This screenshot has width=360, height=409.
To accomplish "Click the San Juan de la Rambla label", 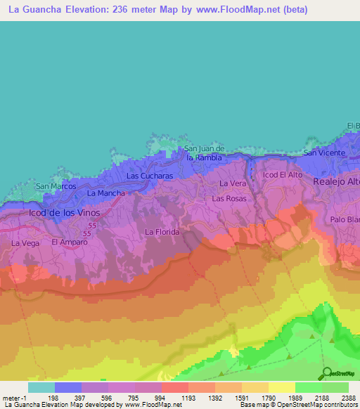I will point(203,153).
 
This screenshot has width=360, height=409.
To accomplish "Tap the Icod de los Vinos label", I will point(65,212).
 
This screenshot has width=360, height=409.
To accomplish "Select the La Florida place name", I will point(162,231).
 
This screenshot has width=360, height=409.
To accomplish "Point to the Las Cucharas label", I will point(149,176).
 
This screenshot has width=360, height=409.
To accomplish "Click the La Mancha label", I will point(106,193).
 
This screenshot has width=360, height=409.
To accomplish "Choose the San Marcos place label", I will point(56,186).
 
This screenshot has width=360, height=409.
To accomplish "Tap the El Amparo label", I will point(69,242).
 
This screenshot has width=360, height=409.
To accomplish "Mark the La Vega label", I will point(25,243).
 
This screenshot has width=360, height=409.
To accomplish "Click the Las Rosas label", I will point(229,199).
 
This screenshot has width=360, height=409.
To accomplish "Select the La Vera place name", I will point(233,183).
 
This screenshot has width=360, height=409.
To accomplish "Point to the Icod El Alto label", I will point(283,174).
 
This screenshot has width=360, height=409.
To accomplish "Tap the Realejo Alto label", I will point(336,181).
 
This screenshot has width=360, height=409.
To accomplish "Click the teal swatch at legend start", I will point(41,387).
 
